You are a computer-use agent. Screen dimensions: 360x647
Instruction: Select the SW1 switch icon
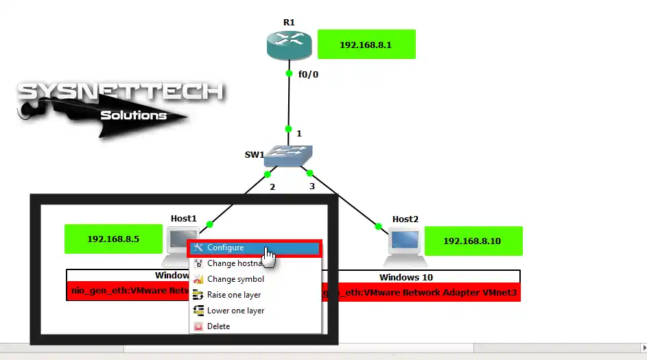[x=287, y=157]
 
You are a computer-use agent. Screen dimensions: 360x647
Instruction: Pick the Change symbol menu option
[x=235, y=279]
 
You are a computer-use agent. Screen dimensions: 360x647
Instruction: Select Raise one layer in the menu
[x=233, y=295]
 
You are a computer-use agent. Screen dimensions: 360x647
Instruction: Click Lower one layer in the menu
[x=235, y=311]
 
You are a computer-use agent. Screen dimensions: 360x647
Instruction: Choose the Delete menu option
[x=218, y=326]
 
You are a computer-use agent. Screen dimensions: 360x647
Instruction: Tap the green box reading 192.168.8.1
[x=367, y=45]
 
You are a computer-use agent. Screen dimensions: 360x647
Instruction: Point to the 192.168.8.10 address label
[x=473, y=241]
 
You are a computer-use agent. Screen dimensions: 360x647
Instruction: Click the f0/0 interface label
[x=308, y=75]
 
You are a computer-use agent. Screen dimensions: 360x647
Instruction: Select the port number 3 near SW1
[x=312, y=186]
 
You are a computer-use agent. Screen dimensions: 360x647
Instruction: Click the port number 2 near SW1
[x=272, y=187]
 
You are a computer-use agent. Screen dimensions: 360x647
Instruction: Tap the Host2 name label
[x=405, y=219]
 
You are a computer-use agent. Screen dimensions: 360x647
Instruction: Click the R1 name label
[x=289, y=23]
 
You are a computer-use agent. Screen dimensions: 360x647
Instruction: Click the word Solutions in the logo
[x=134, y=115]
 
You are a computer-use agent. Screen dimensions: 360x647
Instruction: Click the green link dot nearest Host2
[x=378, y=226]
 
